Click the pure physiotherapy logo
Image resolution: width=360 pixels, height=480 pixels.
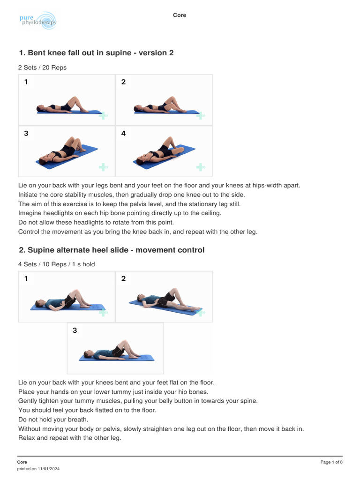pyautogui.click(x=38, y=20)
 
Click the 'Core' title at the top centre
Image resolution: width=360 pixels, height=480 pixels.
pyautogui.click(x=180, y=15)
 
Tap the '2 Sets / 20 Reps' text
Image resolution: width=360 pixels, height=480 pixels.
pyautogui.click(x=42, y=67)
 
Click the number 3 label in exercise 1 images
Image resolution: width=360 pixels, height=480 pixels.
pyautogui.click(x=26, y=134)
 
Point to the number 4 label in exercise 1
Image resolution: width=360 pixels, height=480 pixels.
pyautogui.click(x=123, y=134)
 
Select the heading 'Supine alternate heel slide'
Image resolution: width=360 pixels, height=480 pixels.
pyautogui.click(x=78, y=250)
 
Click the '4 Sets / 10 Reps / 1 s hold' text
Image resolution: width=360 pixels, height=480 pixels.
pyautogui.click(x=57, y=264)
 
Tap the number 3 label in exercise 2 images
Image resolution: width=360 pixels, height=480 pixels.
pyautogui.click(x=75, y=330)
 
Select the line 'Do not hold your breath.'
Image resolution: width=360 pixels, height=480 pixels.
pyautogui.click(x=53, y=420)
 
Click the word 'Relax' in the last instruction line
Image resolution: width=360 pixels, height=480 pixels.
pyautogui.click(x=27, y=438)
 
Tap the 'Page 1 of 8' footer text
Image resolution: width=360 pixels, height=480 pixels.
pyautogui.click(x=331, y=462)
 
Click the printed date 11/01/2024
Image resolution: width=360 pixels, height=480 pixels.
pyautogui.click(x=49, y=469)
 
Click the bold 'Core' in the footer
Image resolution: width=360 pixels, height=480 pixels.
pyautogui.click(x=22, y=462)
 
